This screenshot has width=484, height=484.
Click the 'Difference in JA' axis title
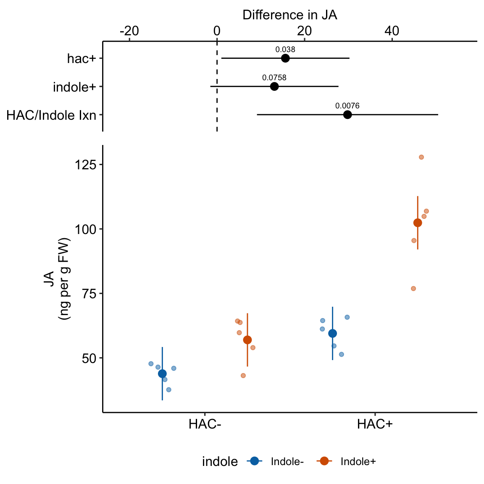click(289, 15)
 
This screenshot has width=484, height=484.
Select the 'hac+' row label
click(82, 58)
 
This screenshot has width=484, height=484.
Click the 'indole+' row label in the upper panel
click(75, 87)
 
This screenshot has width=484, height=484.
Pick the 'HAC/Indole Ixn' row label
click(51, 115)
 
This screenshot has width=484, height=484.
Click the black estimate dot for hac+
click(285, 58)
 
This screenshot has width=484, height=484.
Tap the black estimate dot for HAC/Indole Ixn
click(347, 115)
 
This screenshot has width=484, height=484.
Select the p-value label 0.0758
click(274, 78)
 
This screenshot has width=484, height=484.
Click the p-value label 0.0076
click(347, 106)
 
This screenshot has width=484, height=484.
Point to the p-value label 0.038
click(285, 50)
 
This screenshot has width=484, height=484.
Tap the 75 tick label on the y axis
click(89, 294)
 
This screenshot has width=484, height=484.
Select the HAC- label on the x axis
click(205, 424)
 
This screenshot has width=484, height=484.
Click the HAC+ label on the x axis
click(375, 424)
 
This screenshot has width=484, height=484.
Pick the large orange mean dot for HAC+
click(418, 223)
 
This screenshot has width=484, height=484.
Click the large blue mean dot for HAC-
click(162, 374)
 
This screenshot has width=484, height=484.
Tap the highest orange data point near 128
click(421, 157)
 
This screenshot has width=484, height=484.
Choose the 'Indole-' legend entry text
click(287, 462)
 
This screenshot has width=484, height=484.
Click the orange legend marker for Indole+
click(324, 461)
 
